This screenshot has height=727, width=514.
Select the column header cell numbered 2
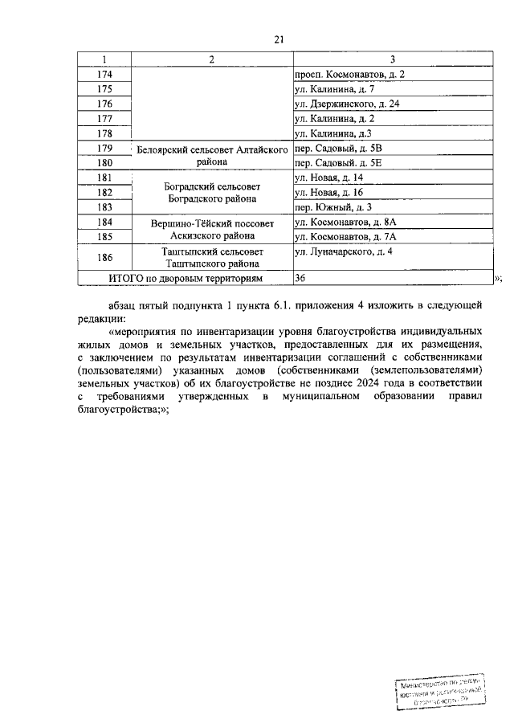click(211, 59)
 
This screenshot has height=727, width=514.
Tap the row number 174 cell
click(104, 74)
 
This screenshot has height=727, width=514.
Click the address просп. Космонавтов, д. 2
click(349, 74)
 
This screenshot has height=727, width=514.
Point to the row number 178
click(104, 133)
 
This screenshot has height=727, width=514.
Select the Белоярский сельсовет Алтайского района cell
click(208, 155)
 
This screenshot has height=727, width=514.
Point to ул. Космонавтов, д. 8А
click(346, 222)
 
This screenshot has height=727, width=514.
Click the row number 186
click(104, 257)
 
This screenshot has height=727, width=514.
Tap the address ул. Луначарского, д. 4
click(343, 251)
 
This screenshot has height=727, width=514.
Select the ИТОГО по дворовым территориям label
click(186, 277)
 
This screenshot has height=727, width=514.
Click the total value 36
click(301, 277)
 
